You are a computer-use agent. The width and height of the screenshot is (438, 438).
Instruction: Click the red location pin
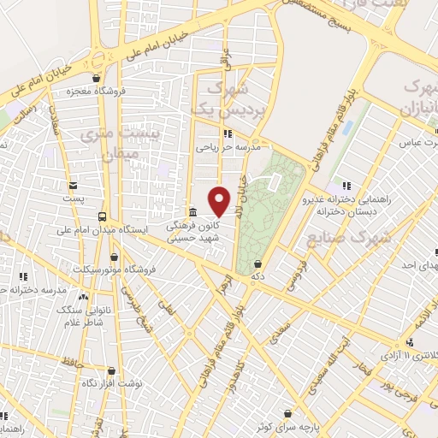tap(220, 201)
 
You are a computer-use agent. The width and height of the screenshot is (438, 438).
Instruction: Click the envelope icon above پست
tap(74, 186)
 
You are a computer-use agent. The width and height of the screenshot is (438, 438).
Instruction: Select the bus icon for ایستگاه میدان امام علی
tap(104, 217)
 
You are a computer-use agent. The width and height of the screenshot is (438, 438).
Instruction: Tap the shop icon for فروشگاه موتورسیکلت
tap(114, 257)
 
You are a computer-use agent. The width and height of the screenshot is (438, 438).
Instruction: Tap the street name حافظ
tap(72, 363)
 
